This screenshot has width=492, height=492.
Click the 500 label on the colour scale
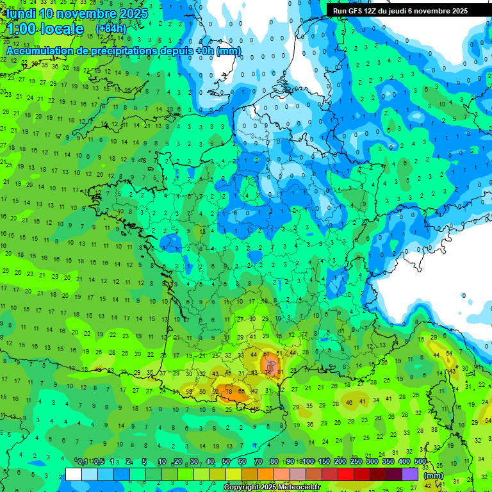tap(420, 462)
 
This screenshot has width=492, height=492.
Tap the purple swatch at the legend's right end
tap(410, 474)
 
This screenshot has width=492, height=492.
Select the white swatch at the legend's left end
tap(74, 474)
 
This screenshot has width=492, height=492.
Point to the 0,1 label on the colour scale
tap(83, 462)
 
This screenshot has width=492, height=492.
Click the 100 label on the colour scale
tap(308, 462)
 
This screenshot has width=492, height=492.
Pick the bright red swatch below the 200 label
tap(346, 474)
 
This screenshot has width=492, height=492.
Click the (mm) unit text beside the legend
tap(434, 475)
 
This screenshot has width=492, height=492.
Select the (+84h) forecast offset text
tap(111, 29)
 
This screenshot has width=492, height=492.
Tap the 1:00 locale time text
tap(45, 29)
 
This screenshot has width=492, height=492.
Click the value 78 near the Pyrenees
tap(228, 391)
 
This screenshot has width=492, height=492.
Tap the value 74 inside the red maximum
tap(268, 373)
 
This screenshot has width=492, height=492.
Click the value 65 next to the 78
tap(241, 391)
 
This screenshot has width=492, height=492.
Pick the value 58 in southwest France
tap(188, 391)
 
